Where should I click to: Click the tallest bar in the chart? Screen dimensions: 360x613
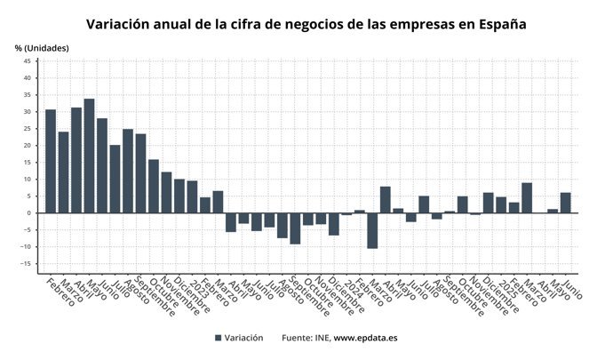tap(89, 156)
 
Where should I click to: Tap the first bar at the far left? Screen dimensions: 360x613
tap(51, 161)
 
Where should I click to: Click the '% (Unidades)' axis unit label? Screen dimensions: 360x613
tap(42, 47)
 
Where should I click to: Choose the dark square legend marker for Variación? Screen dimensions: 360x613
tap(219, 339)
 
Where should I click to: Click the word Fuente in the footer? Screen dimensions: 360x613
tap(298, 339)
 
